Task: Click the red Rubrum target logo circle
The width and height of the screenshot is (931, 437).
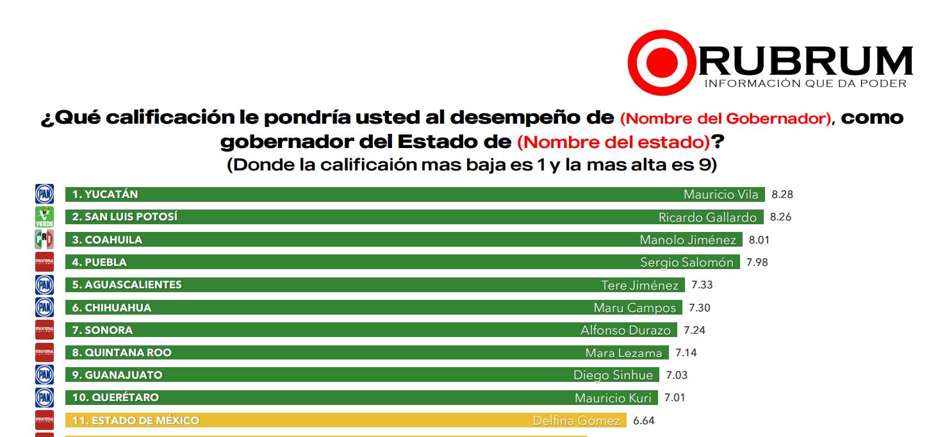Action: pos(661,62)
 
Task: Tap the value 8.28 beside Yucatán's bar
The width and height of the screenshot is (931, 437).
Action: pos(782,194)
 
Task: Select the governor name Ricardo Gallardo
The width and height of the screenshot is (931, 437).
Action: pos(707,217)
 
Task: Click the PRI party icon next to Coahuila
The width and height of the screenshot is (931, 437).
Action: pos(44,240)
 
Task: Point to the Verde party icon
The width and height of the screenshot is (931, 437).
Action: pos(44,217)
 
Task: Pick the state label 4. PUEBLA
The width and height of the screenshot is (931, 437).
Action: pos(99,262)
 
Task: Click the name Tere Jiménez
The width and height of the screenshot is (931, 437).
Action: pos(639,285)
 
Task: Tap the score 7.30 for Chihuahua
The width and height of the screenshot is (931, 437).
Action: pos(699,308)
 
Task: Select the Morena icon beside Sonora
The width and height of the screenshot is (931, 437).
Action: pos(44,330)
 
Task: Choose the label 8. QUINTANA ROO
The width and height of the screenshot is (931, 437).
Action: pos(122,352)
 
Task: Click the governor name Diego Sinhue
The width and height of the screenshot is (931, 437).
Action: pos(613,375)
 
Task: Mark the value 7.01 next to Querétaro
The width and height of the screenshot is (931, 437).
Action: pos(675,397)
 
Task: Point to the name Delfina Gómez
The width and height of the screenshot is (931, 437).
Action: pos(576,421)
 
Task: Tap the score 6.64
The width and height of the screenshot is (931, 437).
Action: pos(643,420)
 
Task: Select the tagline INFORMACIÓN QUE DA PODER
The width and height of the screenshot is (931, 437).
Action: pos(805,84)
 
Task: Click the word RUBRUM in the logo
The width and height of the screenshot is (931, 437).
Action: pos(804,61)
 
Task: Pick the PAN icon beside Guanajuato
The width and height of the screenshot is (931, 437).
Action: pos(44,375)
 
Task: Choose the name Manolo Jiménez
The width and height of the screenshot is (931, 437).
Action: pos(688,240)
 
